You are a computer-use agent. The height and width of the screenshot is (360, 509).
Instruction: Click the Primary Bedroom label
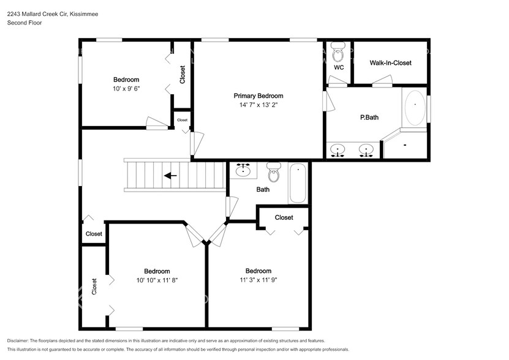coord(258,96)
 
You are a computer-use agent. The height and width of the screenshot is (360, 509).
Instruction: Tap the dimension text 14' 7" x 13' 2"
coord(258,105)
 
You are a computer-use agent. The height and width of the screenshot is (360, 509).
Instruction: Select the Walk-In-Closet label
coord(391,63)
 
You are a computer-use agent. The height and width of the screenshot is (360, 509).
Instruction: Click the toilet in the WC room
coord(338,53)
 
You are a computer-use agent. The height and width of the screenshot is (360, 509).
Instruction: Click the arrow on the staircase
coord(170,176)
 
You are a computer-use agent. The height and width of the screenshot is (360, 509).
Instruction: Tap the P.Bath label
coord(369,118)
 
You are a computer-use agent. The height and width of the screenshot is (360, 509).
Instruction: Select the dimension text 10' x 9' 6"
coord(126,89)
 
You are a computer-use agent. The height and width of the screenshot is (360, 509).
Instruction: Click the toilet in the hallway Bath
coord(274,172)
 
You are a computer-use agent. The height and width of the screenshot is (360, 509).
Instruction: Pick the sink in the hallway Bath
coord(243,170)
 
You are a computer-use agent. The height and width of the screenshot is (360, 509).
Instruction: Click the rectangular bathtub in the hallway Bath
coord(298,184)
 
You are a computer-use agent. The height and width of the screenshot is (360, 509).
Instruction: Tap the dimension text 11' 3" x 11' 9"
coord(258,280)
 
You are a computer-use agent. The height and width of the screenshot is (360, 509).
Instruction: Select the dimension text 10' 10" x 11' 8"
coord(157,280)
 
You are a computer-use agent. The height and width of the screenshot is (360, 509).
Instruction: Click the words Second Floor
coord(25,23)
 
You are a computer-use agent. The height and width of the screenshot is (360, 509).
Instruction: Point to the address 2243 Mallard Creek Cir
coord(37,14)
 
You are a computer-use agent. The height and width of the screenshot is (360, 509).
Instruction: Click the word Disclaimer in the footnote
coord(18,341)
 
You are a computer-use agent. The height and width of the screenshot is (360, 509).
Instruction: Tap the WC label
coord(339,67)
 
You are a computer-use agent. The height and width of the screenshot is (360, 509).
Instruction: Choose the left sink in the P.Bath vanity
coord(337,151)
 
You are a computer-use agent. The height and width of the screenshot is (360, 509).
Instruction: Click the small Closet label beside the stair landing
coord(183,120)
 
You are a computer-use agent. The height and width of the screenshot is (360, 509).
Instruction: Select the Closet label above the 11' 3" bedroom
coord(284,217)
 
